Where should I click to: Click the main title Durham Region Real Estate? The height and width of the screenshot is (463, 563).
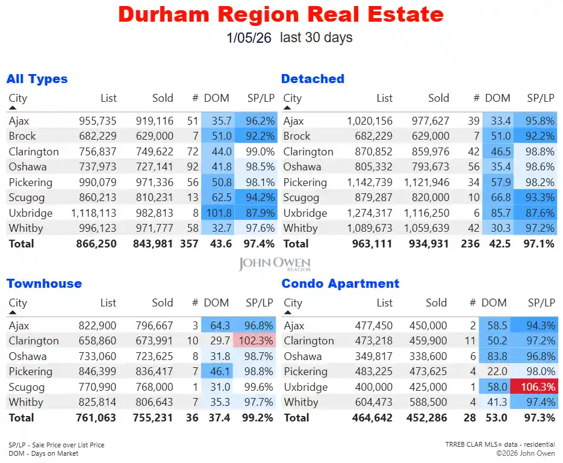[x=281, y=14]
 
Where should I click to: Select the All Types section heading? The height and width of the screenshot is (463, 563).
[x=37, y=79]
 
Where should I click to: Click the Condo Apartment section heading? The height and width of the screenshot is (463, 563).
[x=340, y=284]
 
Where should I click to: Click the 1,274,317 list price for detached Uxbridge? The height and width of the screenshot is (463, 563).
[x=369, y=213]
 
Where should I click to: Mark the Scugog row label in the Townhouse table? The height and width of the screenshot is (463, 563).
[x=26, y=387]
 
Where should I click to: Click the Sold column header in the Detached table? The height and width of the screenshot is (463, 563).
[x=438, y=98]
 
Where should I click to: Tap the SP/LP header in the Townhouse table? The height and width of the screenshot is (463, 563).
[x=260, y=303]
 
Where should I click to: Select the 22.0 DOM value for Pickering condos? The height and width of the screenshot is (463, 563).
[x=497, y=371]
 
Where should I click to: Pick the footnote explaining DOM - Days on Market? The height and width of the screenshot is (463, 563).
[x=43, y=453]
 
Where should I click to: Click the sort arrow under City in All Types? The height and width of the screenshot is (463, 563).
[x=13, y=108]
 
